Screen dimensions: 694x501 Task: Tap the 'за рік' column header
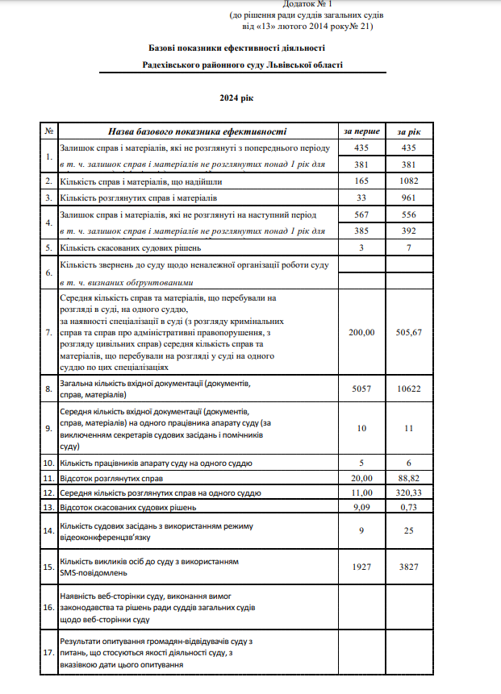[409, 131]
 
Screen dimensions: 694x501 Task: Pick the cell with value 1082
[409, 181]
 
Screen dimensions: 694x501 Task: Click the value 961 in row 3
[409, 197]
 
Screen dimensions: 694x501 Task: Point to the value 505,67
[409, 332]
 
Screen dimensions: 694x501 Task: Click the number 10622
[409, 388]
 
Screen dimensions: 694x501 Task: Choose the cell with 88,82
[409, 478]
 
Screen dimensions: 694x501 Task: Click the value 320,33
[409, 492]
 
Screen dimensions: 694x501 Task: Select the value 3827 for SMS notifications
[409, 567]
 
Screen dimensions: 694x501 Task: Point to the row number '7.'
[49, 332]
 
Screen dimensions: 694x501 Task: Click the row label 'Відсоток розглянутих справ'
[112, 478]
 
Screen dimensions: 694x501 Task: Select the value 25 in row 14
[409, 530]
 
